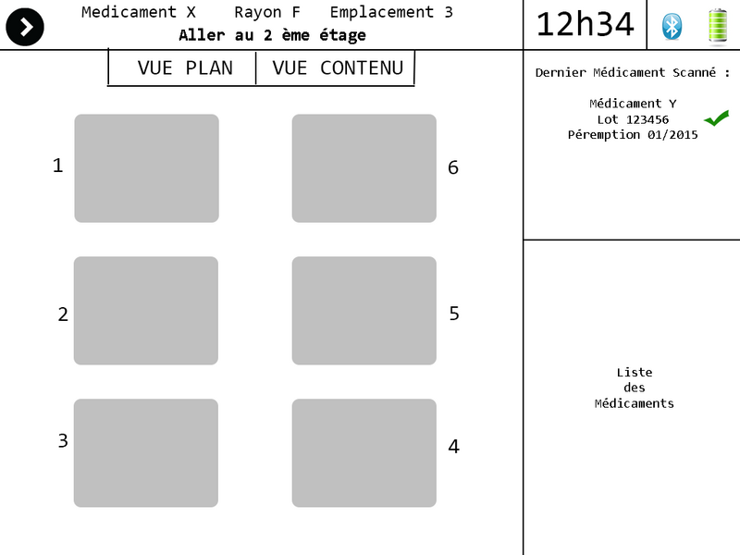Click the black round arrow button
click(x=25, y=27)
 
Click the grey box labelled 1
click(x=147, y=168)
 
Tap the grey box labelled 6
click(x=364, y=168)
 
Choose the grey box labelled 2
click(x=146, y=311)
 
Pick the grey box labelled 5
click(x=364, y=311)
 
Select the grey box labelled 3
click(x=146, y=453)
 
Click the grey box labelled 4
click(x=364, y=453)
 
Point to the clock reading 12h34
click(x=585, y=25)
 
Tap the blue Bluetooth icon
click(x=672, y=27)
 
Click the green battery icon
click(x=718, y=27)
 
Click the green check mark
click(x=716, y=118)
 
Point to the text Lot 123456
click(x=633, y=119)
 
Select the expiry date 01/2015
click(x=672, y=135)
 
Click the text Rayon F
click(x=267, y=12)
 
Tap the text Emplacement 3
click(x=391, y=12)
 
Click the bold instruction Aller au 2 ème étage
click(x=272, y=35)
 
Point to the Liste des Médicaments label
click(x=635, y=388)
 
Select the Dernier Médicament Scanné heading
click(x=633, y=72)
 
